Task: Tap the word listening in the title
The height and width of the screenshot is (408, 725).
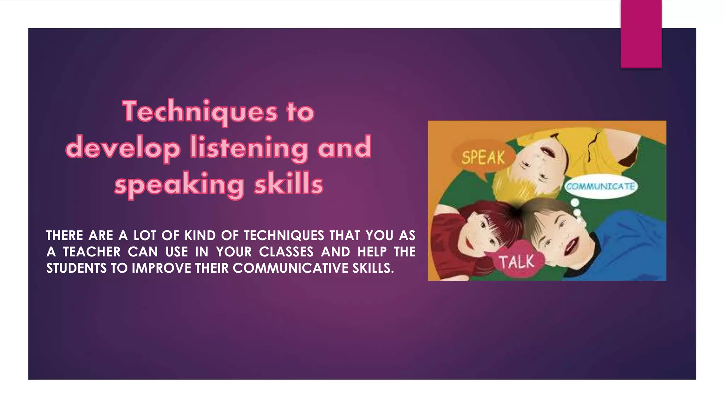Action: tap(249, 148)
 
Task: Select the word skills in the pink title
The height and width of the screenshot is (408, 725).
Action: tap(289, 184)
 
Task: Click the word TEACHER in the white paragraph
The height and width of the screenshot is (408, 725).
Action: tap(92, 252)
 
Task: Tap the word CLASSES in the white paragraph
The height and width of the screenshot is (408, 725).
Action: tap(286, 252)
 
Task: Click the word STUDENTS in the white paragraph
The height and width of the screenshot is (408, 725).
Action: tap(76, 268)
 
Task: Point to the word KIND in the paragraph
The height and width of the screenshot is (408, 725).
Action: tap(200, 236)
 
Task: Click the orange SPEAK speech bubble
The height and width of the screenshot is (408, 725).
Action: tap(483, 158)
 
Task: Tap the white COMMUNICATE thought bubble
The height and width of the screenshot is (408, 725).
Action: tap(600, 186)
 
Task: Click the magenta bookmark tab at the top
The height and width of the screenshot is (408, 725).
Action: tap(641, 34)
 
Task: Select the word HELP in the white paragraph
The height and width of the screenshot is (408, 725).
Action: tap(372, 252)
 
